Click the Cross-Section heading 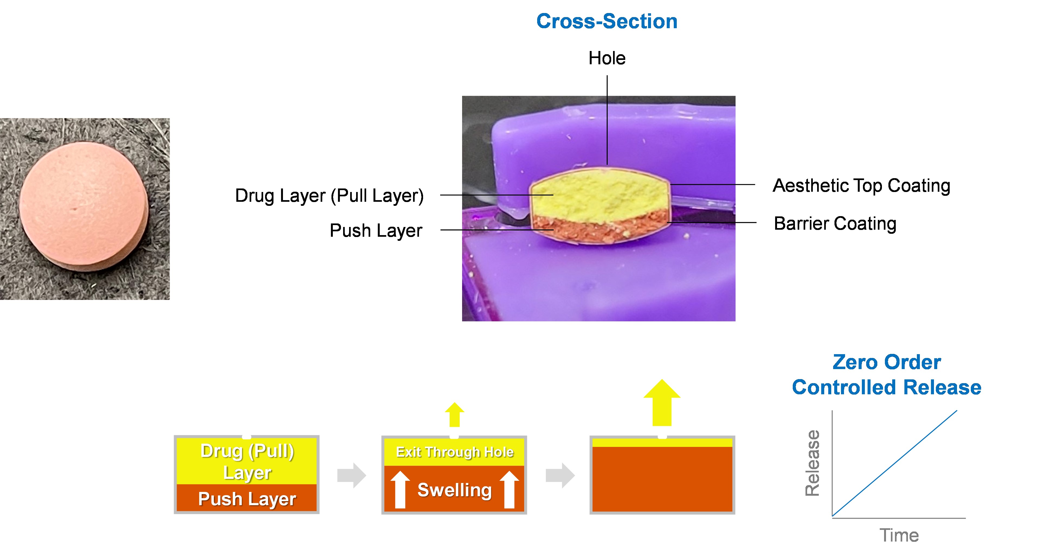607,21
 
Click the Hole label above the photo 607,58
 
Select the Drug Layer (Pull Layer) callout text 329,196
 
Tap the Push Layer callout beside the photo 376,231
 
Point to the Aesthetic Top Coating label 861,185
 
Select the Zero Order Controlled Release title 886,375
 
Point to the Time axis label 899,536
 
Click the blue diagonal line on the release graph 894,463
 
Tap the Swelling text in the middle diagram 454,490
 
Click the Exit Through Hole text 455,452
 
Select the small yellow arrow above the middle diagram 455,415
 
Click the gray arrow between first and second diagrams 352,475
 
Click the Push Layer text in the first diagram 247,499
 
